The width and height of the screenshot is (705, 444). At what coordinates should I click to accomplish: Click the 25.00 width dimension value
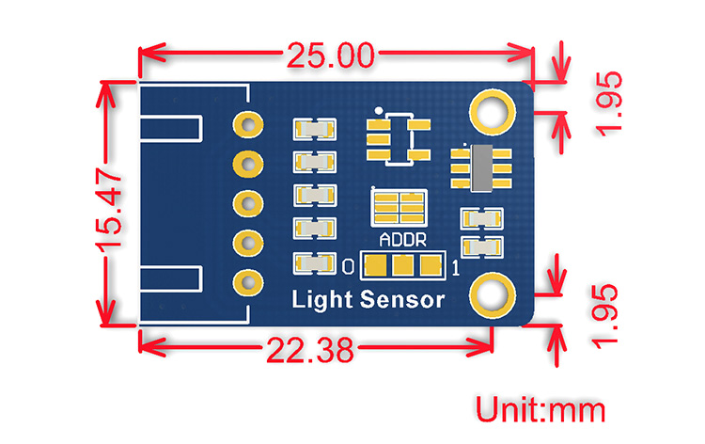[331, 55]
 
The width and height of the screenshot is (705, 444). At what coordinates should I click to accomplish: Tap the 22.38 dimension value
[311, 351]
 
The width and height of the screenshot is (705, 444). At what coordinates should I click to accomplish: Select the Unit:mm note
[540, 409]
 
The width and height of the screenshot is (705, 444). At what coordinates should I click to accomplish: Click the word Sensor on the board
[402, 300]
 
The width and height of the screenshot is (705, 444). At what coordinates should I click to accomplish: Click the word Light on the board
[321, 300]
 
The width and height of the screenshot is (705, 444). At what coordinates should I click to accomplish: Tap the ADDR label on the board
[403, 240]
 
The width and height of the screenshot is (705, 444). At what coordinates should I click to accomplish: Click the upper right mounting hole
[493, 113]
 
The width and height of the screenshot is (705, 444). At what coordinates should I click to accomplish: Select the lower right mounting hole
[493, 295]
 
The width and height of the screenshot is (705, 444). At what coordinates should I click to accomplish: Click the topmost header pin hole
[248, 124]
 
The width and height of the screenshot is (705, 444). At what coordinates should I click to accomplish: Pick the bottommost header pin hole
[248, 282]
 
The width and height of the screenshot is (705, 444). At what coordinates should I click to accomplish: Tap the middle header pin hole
[248, 203]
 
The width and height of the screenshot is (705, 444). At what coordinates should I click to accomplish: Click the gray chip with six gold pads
[481, 168]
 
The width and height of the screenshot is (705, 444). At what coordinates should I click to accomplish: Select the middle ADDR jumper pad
[403, 265]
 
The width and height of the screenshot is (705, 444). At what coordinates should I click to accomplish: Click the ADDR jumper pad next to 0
[375, 265]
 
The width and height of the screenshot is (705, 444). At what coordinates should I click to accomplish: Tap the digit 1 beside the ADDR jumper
[456, 268]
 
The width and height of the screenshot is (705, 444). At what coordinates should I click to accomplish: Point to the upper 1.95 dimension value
[609, 103]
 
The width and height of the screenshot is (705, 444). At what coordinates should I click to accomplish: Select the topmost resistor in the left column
[314, 130]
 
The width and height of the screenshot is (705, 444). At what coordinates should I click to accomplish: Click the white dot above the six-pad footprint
[379, 110]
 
